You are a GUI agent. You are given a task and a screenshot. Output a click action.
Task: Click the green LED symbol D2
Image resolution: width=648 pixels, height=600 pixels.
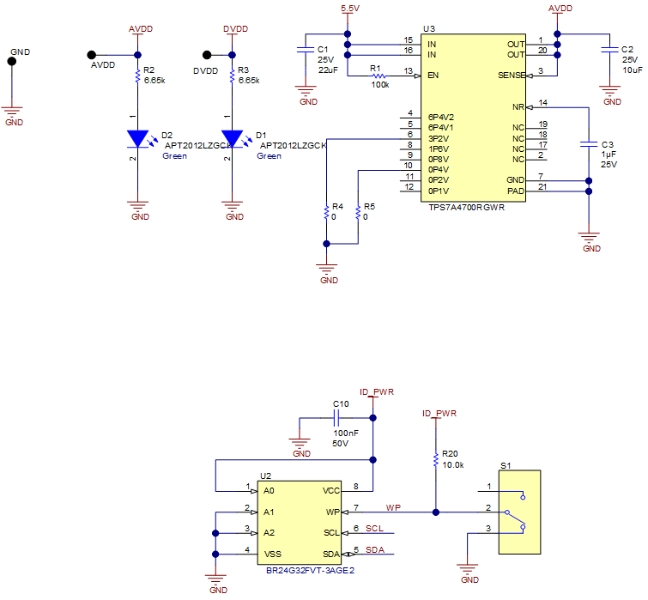(x=138, y=137)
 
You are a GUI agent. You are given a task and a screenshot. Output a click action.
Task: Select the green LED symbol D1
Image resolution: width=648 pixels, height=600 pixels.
(x=233, y=137)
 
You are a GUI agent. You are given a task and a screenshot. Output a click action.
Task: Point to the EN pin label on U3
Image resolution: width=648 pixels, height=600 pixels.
(x=434, y=76)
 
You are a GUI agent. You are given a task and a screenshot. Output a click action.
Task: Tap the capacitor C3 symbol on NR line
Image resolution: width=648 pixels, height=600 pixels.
(x=588, y=144)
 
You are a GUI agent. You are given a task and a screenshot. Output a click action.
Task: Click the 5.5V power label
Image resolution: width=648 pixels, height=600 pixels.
(x=349, y=8)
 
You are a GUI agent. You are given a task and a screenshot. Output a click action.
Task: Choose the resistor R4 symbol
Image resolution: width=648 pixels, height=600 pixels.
(x=326, y=212)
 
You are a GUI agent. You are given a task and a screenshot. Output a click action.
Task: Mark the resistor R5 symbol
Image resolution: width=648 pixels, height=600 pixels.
(x=358, y=212)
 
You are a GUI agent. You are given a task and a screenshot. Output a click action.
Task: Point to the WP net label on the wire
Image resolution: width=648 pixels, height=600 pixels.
(x=393, y=507)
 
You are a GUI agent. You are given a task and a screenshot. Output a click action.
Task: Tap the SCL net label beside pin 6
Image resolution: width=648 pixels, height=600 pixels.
(x=374, y=529)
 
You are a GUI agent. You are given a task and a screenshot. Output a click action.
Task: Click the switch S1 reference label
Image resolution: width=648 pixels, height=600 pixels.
(x=506, y=465)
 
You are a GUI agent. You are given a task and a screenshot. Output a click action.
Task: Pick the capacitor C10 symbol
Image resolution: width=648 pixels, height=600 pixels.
(x=337, y=419)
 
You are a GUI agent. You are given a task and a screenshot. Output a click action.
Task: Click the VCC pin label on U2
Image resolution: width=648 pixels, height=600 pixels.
(x=331, y=491)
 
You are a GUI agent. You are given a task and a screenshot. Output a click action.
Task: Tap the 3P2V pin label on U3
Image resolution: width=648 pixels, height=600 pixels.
(x=439, y=137)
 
